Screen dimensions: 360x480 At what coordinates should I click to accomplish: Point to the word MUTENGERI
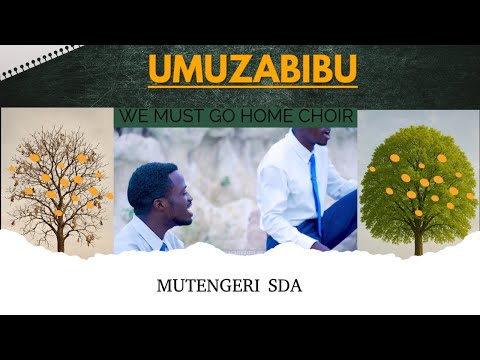coord(205,286)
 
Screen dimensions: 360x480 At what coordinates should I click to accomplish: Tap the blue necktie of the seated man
coord(315,186)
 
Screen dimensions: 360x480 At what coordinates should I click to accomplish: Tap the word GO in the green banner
coord(227,117)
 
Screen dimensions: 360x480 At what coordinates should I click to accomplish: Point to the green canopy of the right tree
coord(420,175)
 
